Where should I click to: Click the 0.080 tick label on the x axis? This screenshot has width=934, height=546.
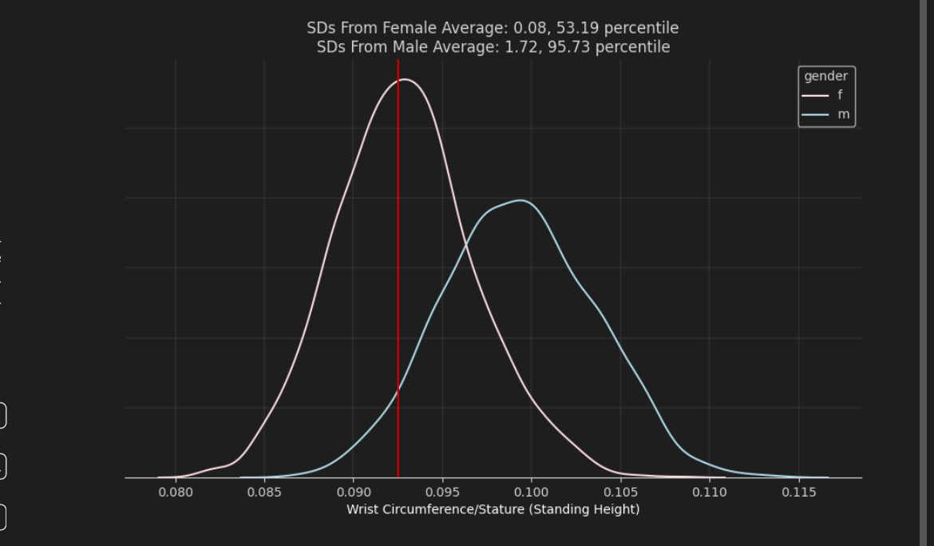click(176, 493)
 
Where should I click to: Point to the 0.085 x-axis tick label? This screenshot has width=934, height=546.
click(264, 493)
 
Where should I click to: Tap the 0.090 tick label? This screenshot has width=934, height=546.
click(354, 493)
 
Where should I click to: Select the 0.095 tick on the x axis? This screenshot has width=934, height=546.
click(442, 493)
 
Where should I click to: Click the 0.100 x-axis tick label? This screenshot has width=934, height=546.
click(532, 493)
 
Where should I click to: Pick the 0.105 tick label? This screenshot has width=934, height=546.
click(620, 493)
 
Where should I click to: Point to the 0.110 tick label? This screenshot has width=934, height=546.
click(710, 493)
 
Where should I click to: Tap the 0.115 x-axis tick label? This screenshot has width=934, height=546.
click(798, 493)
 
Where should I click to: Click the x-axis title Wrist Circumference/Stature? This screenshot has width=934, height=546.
click(493, 509)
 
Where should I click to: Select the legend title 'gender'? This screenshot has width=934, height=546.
click(825, 77)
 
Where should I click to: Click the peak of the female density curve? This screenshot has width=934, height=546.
click(405, 79)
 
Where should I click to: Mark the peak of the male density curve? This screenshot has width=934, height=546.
click(521, 200)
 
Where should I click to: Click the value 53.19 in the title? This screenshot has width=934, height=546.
click(575, 28)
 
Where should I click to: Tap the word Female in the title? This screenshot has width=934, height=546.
click(410, 28)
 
